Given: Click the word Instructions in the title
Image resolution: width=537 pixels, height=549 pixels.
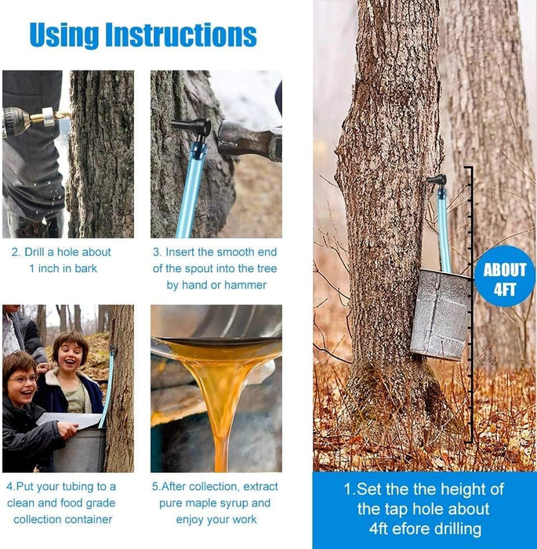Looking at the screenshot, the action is [x=181, y=35].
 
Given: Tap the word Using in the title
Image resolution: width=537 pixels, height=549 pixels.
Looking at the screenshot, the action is [x=64, y=35].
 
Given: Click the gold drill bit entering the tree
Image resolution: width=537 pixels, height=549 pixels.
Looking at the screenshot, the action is [x=56, y=117].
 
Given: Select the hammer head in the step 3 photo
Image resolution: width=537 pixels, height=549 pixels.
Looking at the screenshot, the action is [x=249, y=140].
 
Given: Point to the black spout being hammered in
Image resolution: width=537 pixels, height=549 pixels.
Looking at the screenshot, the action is [x=193, y=129].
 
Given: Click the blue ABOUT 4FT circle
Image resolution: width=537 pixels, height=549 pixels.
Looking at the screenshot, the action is [x=505, y=276].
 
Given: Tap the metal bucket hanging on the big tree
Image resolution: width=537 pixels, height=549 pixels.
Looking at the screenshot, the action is [x=441, y=314].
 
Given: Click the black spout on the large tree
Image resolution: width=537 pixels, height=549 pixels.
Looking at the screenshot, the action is [x=437, y=181].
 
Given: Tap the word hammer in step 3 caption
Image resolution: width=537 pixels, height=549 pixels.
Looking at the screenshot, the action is [x=245, y=285].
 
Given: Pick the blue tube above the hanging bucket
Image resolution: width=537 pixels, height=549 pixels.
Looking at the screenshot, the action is [x=444, y=230].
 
